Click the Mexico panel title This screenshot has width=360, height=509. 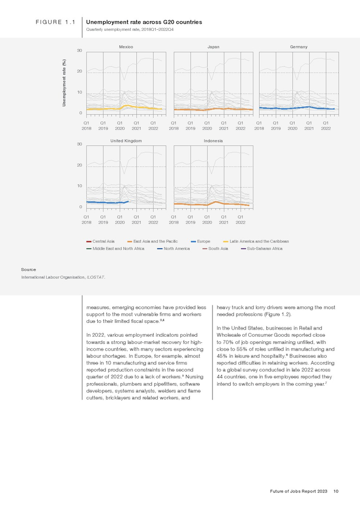126,47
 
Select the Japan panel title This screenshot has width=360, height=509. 213,47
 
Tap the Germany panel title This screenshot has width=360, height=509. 299,47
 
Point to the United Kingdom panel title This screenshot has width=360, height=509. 126,140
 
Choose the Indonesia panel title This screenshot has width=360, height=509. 213,140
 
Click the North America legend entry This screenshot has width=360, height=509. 173,248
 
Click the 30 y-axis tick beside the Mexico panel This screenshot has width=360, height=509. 80,50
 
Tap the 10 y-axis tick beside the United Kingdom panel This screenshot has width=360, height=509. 80,186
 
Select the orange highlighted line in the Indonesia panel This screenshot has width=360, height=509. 218,202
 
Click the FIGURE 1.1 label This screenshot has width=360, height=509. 56,23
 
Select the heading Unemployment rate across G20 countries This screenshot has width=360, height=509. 144,23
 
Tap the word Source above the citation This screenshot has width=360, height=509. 28,269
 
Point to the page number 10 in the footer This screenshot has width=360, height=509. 336,492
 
